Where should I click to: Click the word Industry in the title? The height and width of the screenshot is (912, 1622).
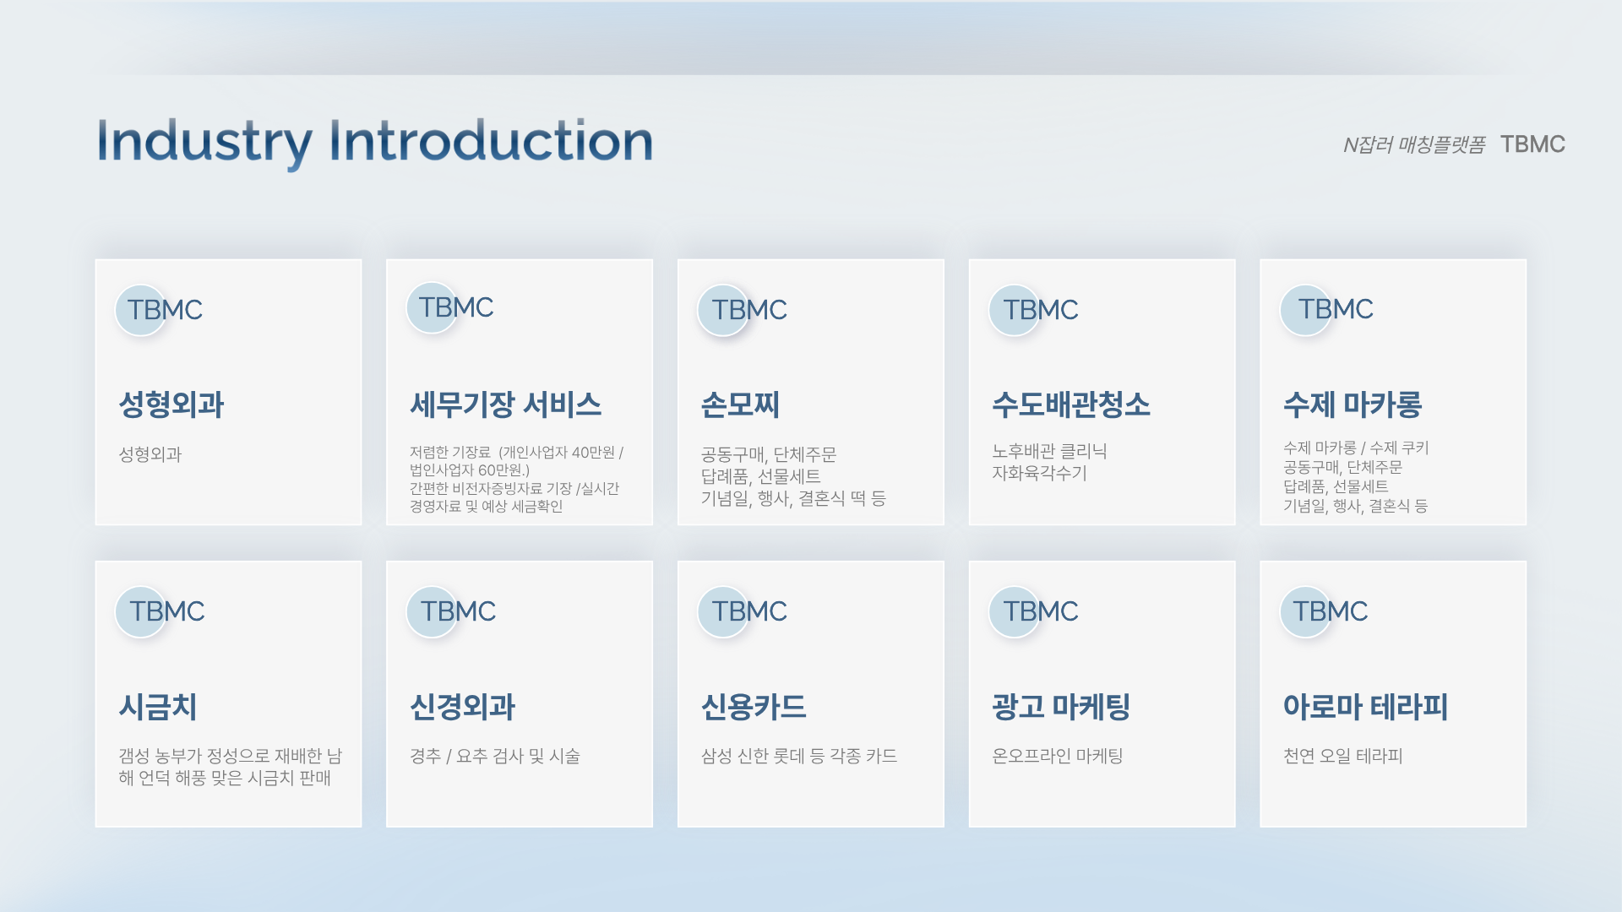tap(204, 142)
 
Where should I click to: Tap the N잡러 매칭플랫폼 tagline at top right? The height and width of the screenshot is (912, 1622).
tap(1414, 145)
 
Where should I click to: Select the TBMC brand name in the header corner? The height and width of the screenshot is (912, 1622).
tap(1532, 144)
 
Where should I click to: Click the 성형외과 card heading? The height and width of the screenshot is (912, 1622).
tap(171, 404)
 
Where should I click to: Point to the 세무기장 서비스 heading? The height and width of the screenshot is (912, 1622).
tap(505, 404)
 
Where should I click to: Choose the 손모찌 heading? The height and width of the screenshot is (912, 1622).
tap(740, 404)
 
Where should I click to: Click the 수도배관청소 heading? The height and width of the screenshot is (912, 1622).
tap(1071, 404)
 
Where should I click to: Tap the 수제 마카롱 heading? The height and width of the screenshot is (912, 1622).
tap(1353, 404)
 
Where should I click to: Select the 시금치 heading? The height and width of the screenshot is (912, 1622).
tap(158, 707)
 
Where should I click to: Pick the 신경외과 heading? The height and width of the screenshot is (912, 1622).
tap(462, 707)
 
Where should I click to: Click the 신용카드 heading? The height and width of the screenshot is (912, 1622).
tap(754, 707)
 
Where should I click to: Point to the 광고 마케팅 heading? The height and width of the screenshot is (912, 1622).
tap(1061, 707)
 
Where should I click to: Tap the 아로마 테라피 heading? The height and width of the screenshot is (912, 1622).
tap(1365, 707)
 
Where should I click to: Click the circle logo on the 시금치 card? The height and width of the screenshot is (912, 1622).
tap(140, 611)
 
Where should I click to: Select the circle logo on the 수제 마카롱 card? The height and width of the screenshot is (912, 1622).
tap(1305, 310)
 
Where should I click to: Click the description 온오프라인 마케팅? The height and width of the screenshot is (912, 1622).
tap(1057, 756)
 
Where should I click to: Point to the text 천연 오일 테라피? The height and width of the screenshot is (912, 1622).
tap(1342, 756)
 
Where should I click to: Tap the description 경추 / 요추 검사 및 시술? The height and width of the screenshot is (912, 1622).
tap(495, 756)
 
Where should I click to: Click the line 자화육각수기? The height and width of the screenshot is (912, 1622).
tap(1039, 473)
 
